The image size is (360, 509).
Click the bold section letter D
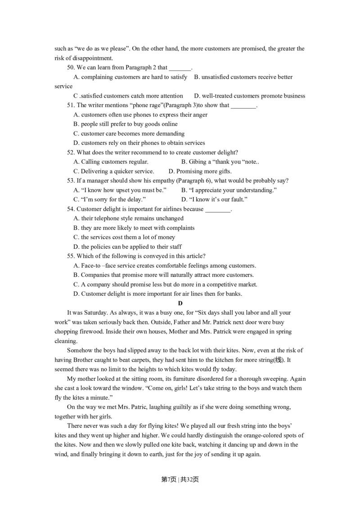(x=180, y=304)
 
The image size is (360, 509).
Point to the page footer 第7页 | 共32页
(x=180, y=480)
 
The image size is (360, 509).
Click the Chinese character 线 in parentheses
(x=279, y=360)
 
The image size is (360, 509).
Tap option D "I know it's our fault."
(x=215, y=200)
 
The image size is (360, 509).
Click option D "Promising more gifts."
(x=200, y=171)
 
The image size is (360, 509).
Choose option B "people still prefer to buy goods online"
(x=126, y=124)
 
